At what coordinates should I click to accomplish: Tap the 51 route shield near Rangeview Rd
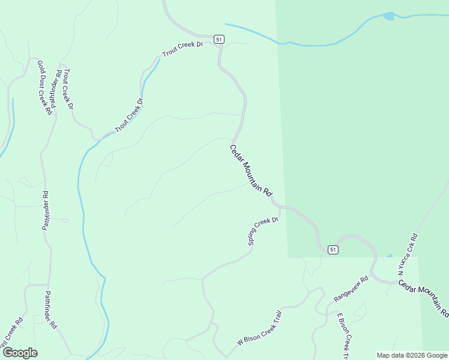click(333, 249)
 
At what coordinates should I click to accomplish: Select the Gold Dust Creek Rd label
click(43, 88)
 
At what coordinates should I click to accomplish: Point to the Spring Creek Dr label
click(264, 231)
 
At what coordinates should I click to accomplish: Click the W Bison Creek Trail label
click(259, 328)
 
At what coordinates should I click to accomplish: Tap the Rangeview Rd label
click(351, 289)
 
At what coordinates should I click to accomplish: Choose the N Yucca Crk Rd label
click(408, 255)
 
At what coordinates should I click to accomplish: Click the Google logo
click(20, 353)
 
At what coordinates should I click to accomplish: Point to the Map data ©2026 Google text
click(411, 355)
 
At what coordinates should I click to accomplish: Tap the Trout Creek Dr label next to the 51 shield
click(182, 49)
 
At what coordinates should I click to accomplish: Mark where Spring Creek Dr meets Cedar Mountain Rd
click(280, 208)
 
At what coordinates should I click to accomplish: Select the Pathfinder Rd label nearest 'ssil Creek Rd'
click(50, 310)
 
